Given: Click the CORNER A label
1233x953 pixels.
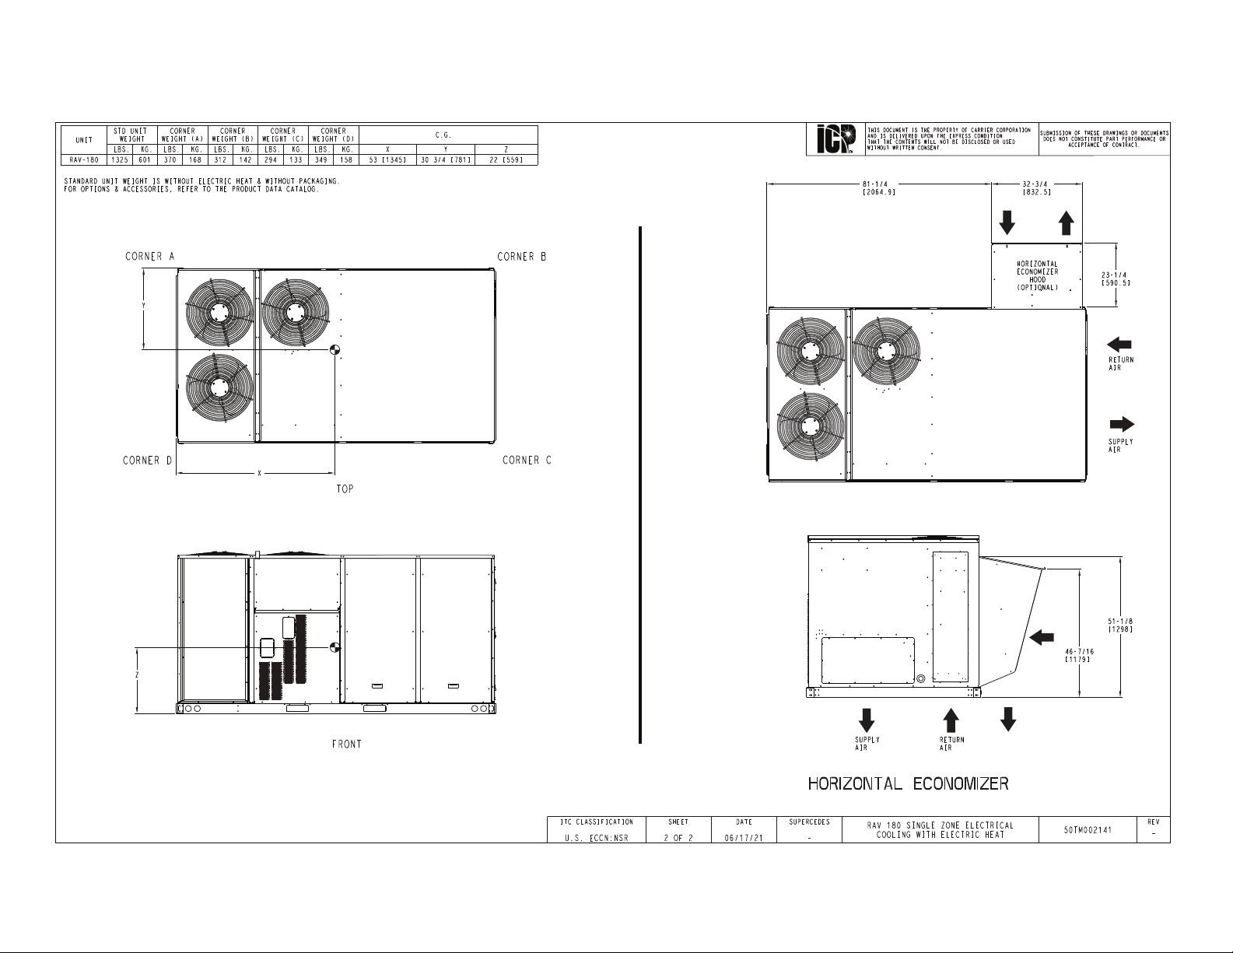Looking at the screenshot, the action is click(150, 257).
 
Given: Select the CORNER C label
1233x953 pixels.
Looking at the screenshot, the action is click(527, 460).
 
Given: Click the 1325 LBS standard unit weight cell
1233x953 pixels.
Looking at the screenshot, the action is click(120, 160).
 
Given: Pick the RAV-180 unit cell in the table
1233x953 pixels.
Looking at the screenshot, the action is click(84, 160).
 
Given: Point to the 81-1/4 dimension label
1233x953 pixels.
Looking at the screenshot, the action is click(879, 187).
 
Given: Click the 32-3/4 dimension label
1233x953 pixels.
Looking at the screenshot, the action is click(1037, 187).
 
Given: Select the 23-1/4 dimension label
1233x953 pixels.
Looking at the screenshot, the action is click(1116, 279).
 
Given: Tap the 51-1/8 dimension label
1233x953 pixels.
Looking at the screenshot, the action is click(1121, 625).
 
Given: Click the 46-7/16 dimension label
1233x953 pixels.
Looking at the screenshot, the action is click(1079, 655).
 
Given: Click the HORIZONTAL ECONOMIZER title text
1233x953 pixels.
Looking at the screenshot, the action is click(908, 784).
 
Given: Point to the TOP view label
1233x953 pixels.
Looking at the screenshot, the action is click(345, 489).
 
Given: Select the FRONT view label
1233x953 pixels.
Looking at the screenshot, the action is click(347, 744).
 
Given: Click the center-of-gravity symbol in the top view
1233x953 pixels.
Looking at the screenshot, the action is click(335, 350).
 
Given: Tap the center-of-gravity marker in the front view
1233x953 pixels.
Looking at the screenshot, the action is click(335, 647).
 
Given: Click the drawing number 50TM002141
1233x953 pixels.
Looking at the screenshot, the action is click(1088, 830).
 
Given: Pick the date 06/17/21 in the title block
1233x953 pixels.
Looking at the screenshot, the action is click(744, 838).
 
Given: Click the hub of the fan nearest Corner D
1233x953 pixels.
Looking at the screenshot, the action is click(219, 387).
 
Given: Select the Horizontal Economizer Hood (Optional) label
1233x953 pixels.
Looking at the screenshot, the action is click(1037, 275).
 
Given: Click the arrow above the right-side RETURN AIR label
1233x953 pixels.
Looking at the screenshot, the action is click(1119, 345).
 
